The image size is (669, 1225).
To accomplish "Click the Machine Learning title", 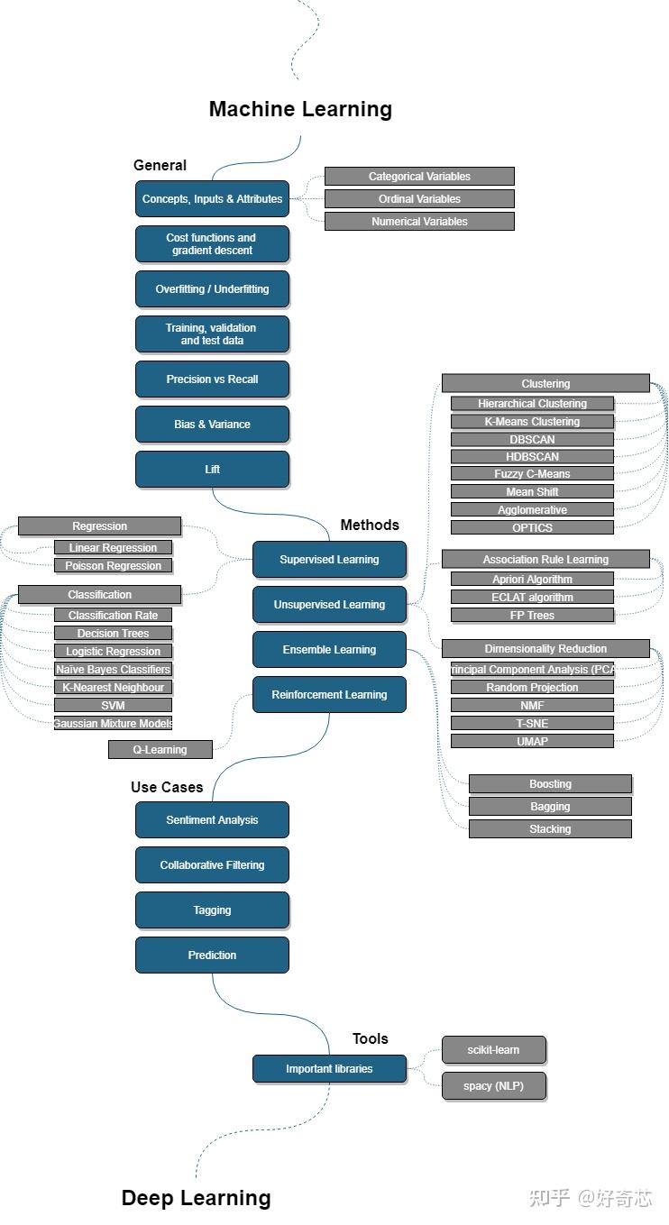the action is [x=300, y=109].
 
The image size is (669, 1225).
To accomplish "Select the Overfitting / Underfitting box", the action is [x=212, y=288].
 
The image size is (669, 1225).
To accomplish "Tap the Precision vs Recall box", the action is [x=212, y=379].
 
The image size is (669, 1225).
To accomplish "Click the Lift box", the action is [x=212, y=470].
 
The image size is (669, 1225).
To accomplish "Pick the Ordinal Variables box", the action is [x=419, y=198].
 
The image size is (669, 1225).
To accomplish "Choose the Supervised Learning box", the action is [x=329, y=560].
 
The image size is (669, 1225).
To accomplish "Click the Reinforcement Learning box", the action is [x=329, y=695].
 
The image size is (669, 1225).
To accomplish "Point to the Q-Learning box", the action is [x=160, y=749].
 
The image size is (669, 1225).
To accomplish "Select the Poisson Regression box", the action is [x=114, y=565].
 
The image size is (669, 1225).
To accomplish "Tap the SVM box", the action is [x=114, y=706].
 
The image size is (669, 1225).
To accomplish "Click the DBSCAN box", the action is [x=532, y=439].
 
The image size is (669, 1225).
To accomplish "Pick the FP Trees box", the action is [x=532, y=616].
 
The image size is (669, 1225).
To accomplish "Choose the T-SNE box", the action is [x=532, y=723].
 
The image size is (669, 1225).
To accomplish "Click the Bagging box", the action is [x=550, y=806].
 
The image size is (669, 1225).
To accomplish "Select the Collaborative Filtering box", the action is [x=212, y=864].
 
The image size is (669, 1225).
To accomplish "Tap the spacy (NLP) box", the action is [x=494, y=1085].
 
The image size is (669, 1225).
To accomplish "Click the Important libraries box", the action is [x=329, y=1068].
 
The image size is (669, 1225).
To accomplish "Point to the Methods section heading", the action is [x=370, y=525].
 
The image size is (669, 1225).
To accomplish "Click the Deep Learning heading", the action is [x=197, y=1198].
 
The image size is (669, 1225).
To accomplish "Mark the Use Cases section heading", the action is [x=167, y=787].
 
